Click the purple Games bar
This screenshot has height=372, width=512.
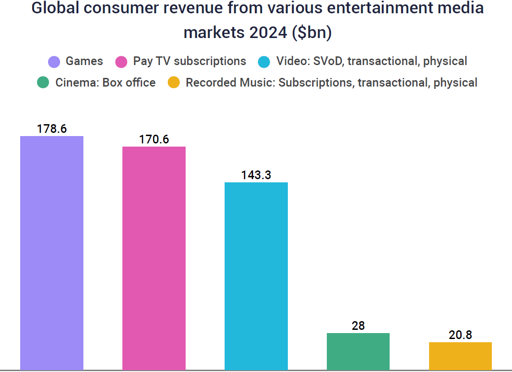click(x=52, y=252)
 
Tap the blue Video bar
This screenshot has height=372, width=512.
click(x=256, y=275)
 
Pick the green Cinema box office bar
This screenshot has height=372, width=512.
click(x=358, y=351)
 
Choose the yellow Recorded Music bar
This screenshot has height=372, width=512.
click(x=460, y=356)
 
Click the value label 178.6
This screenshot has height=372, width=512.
click(x=52, y=129)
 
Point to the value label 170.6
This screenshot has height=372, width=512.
click(x=154, y=139)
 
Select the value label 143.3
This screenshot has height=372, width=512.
click(x=256, y=175)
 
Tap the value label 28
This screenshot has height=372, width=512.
click(x=358, y=326)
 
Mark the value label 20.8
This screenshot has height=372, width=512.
click(x=460, y=335)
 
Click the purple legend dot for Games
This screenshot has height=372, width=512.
click(x=54, y=62)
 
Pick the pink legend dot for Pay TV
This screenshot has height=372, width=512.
click(x=121, y=62)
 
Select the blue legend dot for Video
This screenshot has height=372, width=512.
click(x=265, y=62)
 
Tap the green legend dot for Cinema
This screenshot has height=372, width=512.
click(x=44, y=83)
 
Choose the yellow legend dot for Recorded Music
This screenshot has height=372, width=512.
click(x=174, y=83)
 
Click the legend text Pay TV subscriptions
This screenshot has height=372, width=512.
click(x=190, y=61)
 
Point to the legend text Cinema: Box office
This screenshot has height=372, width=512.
click(x=105, y=83)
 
